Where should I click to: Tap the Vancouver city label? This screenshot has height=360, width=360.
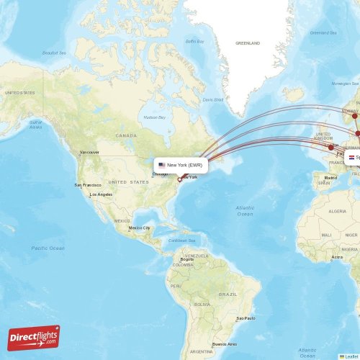pyautogui.click(x=89, y=153)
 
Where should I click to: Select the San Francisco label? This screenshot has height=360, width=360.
pyautogui.click(x=88, y=185)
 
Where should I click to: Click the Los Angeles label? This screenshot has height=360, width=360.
pyautogui.click(x=101, y=194)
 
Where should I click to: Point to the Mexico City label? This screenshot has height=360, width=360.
pyautogui.click(x=140, y=228)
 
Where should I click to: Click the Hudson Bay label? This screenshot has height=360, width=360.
pyautogui.click(x=155, y=117)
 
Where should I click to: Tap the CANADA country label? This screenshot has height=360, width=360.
pyautogui.click(x=126, y=135)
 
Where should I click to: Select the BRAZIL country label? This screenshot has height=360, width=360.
pyautogui.click(x=228, y=294)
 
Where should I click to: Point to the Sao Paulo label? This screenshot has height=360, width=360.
pyautogui.click(x=245, y=318)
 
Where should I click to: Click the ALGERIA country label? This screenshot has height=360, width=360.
pyautogui.click(x=337, y=212)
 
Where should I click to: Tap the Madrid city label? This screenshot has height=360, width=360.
pyautogui.click(x=330, y=177)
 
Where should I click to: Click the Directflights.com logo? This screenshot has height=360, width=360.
pyautogui.click(x=34, y=337)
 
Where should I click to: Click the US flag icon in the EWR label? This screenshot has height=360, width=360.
pyautogui.click(x=162, y=165)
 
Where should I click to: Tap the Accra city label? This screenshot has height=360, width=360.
pyautogui.click(x=336, y=256)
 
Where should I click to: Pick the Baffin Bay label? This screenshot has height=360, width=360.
pyautogui.click(x=195, y=41)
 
